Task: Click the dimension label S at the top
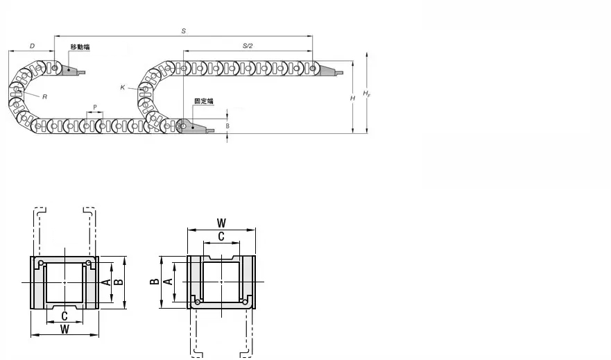184,31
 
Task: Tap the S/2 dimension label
248,46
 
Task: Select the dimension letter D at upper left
33,46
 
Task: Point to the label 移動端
80,47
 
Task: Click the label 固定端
204,101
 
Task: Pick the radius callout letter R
45,97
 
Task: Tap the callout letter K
123,87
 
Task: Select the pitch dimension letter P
95,107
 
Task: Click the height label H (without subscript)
352,98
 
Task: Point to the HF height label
366,94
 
